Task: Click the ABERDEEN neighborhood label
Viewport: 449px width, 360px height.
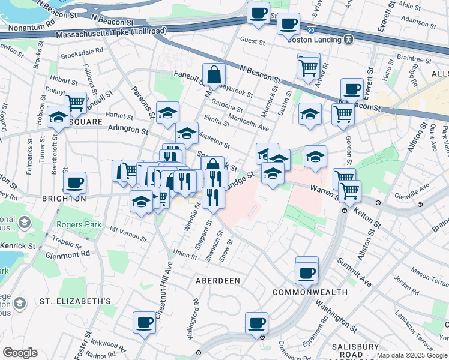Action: [218, 280]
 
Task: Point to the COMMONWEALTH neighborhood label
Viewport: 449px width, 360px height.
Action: [310, 292]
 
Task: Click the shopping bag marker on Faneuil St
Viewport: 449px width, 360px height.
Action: [214, 76]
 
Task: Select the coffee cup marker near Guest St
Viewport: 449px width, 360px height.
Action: [288, 24]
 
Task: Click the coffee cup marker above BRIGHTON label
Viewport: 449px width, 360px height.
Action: [74, 182]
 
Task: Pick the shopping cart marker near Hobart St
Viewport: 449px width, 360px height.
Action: [76, 102]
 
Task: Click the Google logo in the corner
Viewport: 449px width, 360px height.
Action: [20, 353]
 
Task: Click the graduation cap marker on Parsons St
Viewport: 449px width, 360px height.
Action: [168, 112]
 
